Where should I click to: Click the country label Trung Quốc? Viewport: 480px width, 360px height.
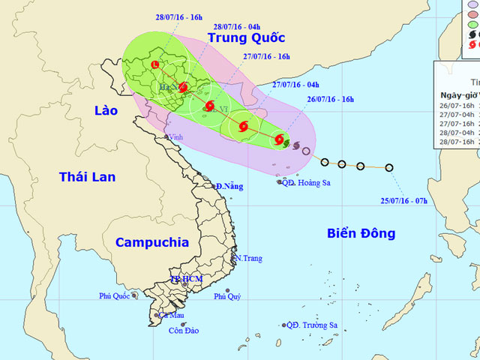point(247,37)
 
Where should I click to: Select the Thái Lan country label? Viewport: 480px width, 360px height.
point(88,177)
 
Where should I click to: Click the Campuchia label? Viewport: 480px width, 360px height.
point(152,242)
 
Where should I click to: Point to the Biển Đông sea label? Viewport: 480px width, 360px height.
point(361,233)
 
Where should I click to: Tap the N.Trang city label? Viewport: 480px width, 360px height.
point(248,259)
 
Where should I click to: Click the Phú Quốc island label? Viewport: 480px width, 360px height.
point(115,296)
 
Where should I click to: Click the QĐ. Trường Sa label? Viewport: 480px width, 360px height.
point(312,325)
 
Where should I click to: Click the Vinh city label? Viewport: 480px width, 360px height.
point(176,137)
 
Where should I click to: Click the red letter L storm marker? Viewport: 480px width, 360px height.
point(155,66)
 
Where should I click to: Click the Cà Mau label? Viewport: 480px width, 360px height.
point(171,315)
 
